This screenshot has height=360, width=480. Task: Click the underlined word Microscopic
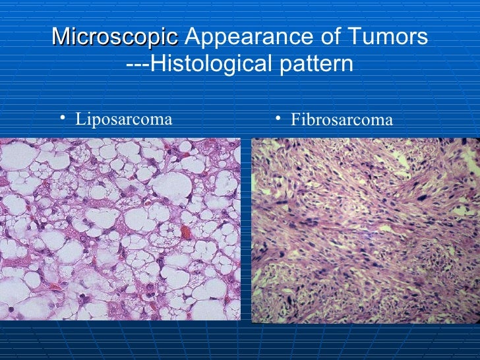point(115,38)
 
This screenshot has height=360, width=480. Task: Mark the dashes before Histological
point(137,65)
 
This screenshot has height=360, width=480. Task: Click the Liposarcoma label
point(124,119)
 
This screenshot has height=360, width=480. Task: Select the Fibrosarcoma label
point(342,120)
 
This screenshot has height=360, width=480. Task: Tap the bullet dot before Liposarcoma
point(61,118)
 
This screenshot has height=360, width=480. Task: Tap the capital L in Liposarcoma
point(80,119)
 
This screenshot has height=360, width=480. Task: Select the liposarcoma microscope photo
point(120,229)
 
